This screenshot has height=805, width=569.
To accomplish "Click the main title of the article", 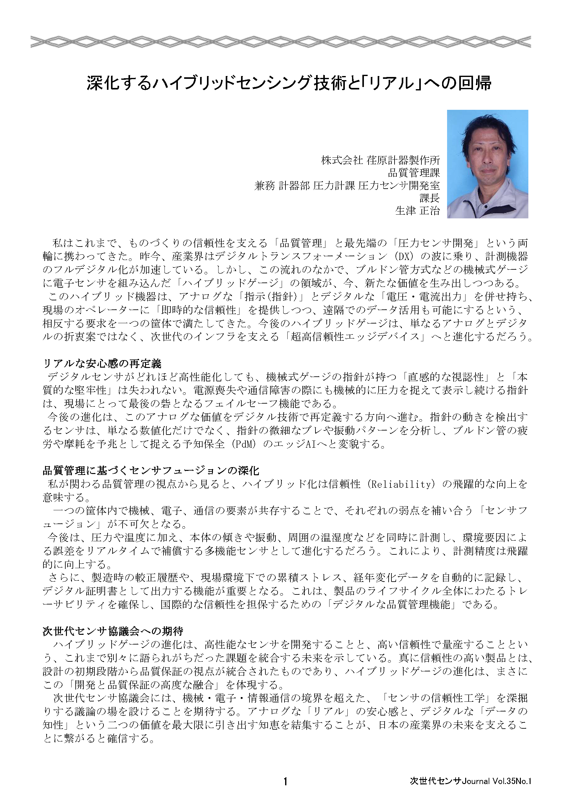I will tap(289, 84).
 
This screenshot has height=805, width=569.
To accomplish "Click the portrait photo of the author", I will tap(487, 164).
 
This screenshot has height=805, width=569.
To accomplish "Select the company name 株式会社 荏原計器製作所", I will tap(380, 160).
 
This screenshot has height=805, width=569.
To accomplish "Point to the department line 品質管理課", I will tap(413, 172).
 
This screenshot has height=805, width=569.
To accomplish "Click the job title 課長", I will tap(430, 198).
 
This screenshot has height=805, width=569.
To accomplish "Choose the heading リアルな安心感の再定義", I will tap(102, 364).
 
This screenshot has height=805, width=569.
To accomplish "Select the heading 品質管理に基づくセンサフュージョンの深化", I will tap(151, 471).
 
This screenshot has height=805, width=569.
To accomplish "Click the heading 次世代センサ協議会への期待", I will tap(113, 631).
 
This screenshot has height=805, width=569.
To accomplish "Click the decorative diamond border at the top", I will tap(280, 42).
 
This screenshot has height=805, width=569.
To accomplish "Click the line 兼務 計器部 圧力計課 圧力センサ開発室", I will tap(347, 186).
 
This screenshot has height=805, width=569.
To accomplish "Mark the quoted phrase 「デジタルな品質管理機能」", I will tap(392, 605).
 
